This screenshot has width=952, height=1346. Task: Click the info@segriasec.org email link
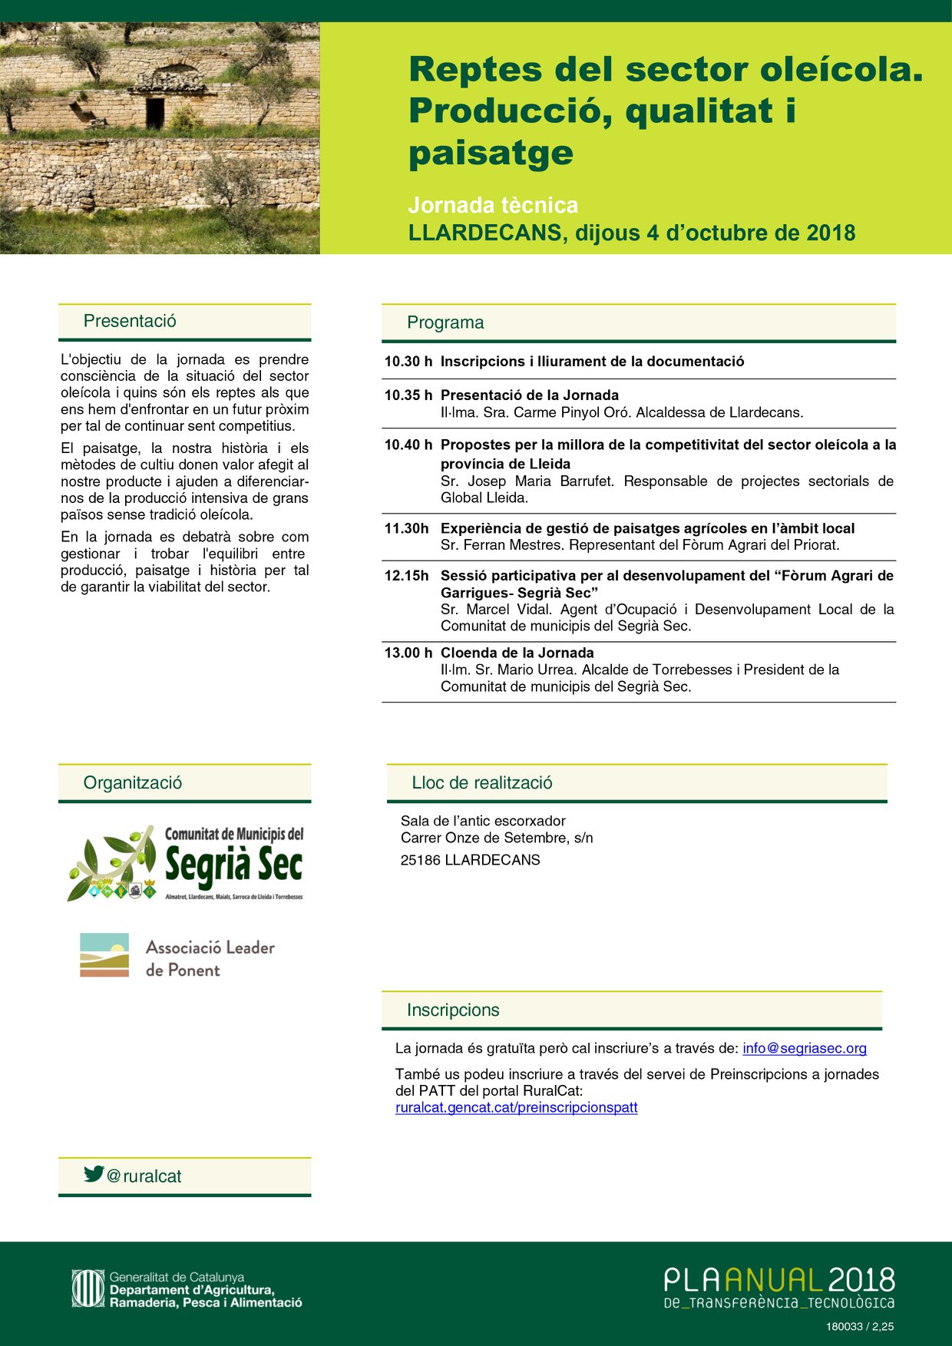click(x=804, y=1048)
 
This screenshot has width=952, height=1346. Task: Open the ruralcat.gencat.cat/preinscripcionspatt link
click(x=516, y=1107)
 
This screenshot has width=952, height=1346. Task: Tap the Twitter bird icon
click(x=94, y=1173)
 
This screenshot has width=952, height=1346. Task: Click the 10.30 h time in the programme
click(x=408, y=362)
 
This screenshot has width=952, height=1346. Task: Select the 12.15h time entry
click(x=406, y=576)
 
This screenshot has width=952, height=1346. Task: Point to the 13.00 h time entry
click(x=408, y=653)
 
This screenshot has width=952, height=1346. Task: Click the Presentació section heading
click(x=130, y=321)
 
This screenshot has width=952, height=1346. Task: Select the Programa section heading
click(x=445, y=322)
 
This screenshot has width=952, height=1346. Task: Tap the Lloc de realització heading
click(x=482, y=782)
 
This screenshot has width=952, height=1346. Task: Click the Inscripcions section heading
click(x=453, y=1010)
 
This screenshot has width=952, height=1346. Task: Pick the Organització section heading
click(x=133, y=782)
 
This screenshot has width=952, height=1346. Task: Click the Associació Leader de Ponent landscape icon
click(x=104, y=955)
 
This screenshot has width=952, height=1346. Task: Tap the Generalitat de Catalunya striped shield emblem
click(x=88, y=1288)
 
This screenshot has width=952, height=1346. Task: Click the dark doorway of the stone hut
click(x=155, y=112)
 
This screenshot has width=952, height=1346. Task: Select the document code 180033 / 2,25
click(x=860, y=1326)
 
